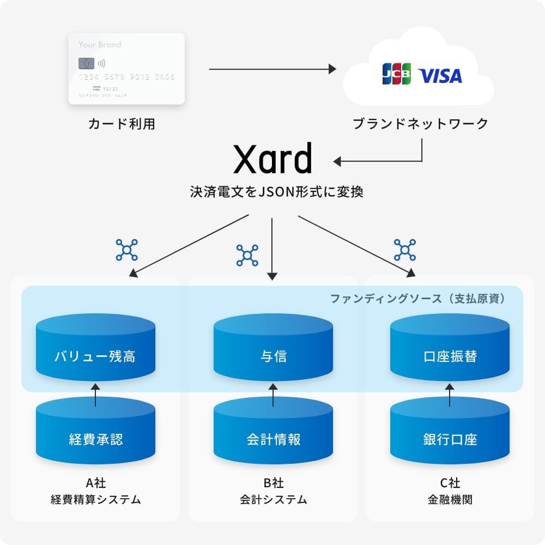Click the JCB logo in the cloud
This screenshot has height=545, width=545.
pos(397,75)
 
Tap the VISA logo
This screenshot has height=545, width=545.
pos(440,76)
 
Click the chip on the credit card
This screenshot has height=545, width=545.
pos(84,63)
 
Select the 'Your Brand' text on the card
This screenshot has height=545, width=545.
pos(100,45)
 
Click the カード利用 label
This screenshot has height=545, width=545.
pos(122,124)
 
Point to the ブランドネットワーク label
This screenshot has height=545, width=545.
pos(420,124)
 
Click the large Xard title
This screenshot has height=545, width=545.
pos(272,159)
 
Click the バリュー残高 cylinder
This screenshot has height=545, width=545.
pos(95,349)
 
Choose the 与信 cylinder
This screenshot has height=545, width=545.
pos(273,349)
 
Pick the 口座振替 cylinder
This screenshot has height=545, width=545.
pos(450,349)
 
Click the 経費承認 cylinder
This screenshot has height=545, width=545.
pos(95,433)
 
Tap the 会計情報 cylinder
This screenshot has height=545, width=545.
pos(273,433)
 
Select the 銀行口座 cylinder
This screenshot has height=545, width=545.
pos(450,433)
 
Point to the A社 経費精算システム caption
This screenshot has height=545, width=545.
pos(95,491)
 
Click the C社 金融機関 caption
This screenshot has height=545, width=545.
pos(450,491)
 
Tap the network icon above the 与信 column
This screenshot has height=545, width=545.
pos(247,255)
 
